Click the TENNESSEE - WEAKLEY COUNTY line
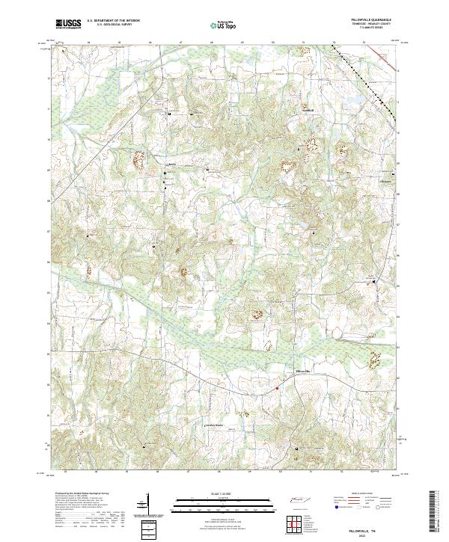pyautogui.click(x=374, y=25)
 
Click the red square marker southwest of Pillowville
pyautogui.click(x=277, y=387)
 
